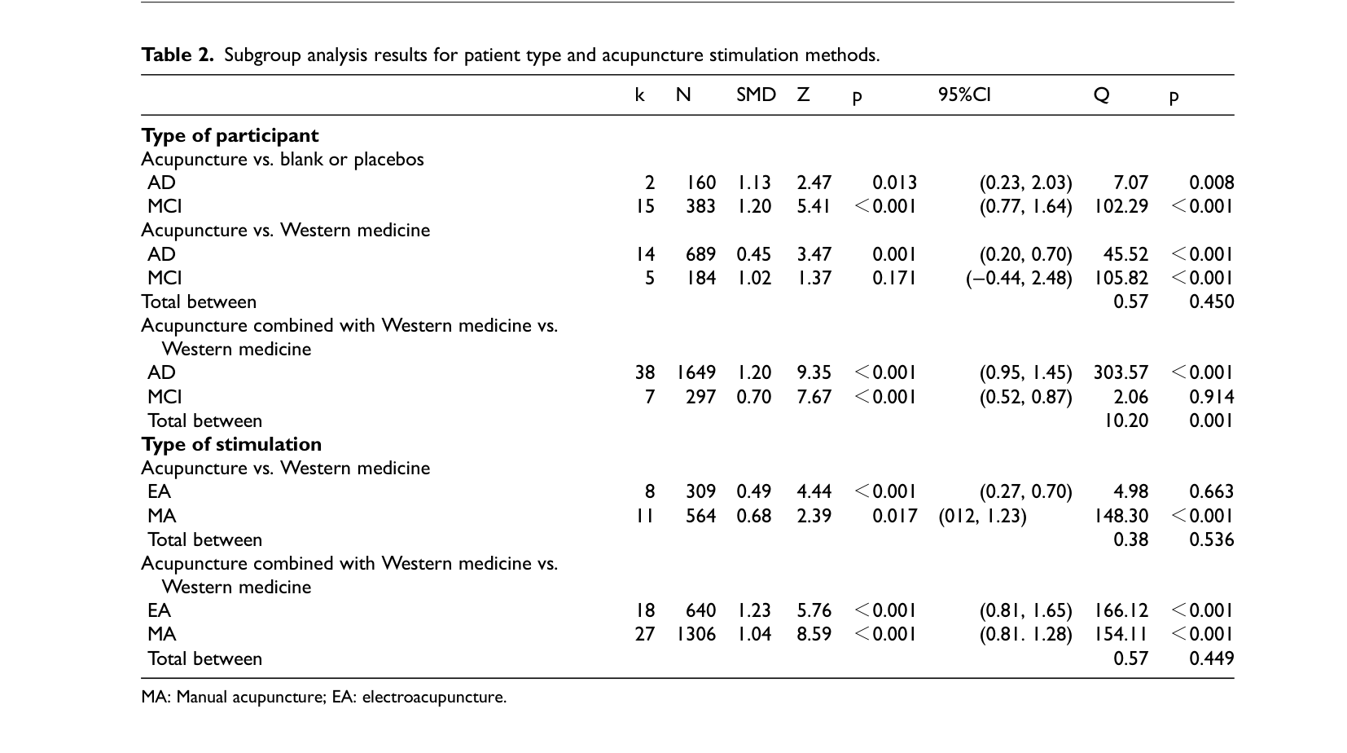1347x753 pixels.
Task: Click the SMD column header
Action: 756,95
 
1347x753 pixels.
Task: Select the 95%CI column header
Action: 964,95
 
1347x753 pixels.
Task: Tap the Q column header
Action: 1101,95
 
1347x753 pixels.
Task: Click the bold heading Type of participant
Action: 230,135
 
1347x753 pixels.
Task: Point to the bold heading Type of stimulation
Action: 231,444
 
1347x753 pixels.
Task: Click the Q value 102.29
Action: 1121,206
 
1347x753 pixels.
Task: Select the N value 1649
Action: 696,372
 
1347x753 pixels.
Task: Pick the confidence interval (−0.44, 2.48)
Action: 1020,278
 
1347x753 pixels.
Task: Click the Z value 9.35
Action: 814,372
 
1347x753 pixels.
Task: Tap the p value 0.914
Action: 1212,397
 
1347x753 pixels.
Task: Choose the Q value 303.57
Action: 1121,372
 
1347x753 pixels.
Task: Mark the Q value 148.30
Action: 1121,516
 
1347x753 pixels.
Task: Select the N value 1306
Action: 696,634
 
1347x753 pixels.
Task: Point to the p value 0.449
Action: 1212,658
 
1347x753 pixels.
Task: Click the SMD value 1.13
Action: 755,183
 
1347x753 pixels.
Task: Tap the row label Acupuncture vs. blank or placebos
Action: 283,160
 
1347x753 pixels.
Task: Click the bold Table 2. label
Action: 178,55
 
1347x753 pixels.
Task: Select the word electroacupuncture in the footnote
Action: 434,697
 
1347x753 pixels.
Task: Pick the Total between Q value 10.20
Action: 1126,421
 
